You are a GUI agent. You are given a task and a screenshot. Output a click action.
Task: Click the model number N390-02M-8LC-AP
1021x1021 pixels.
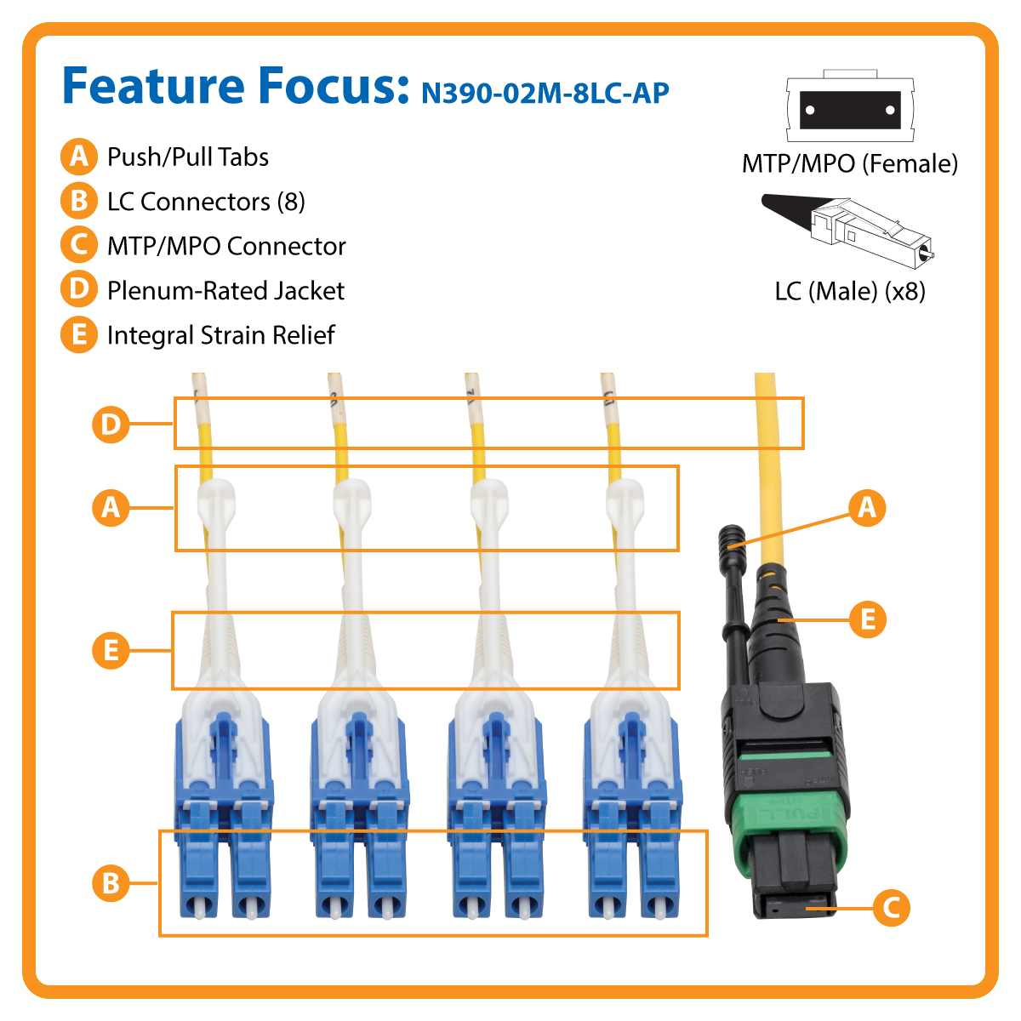click(545, 92)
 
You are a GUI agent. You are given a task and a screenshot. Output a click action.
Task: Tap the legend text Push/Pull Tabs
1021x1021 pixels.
click(187, 157)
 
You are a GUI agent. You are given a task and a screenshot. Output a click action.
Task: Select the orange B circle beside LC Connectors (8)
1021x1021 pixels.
click(79, 201)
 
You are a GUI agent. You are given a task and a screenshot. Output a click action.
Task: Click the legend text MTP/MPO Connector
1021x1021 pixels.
click(226, 247)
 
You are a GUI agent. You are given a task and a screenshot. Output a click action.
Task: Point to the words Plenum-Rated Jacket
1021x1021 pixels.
click(225, 291)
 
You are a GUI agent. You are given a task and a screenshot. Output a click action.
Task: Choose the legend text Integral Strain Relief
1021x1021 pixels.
click(220, 335)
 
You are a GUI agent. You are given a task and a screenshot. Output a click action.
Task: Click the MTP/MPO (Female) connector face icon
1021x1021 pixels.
click(850, 110)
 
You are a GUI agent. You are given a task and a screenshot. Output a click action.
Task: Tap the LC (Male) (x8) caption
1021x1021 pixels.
click(850, 292)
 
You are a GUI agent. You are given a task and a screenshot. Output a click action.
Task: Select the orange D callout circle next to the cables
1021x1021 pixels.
click(111, 423)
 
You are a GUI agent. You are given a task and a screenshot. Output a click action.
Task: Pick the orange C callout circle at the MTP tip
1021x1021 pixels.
click(891, 907)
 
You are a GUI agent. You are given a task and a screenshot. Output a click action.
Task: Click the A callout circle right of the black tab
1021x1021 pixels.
click(867, 507)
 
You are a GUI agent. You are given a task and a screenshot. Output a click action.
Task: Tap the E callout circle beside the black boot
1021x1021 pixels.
click(867, 619)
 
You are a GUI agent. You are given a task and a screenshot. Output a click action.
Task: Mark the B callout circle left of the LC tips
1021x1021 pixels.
click(111, 882)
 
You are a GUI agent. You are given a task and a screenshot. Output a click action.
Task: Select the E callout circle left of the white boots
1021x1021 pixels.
click(111, 651)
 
